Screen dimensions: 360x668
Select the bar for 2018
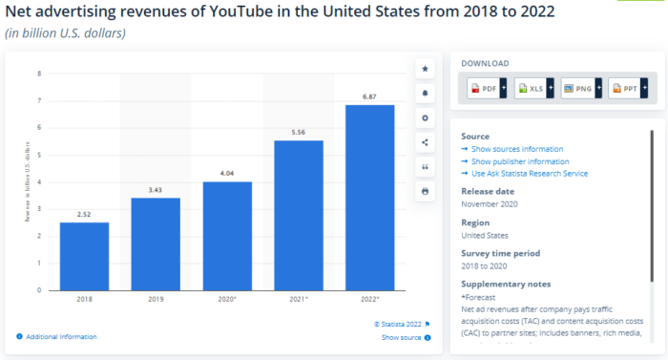pos(84,256)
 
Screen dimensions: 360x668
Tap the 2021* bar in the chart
pos(298,215)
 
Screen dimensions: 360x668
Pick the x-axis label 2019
pos(156,300)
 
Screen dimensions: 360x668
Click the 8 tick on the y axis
pos(39,74)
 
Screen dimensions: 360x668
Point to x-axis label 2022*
pos(369,300)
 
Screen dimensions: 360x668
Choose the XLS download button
pos(534,89)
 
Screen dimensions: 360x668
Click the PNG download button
pos(581,89)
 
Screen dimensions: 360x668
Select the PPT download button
pos(628,89)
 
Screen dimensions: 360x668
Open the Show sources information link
pos(516,149)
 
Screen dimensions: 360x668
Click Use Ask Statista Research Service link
pos(529,174)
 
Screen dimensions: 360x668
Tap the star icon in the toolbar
pos(425,69)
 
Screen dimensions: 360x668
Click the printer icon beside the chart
pos(425,191)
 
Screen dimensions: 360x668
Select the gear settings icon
pos(425,117)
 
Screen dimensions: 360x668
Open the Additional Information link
pos(61,336)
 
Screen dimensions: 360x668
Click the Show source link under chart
pos(401,337)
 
